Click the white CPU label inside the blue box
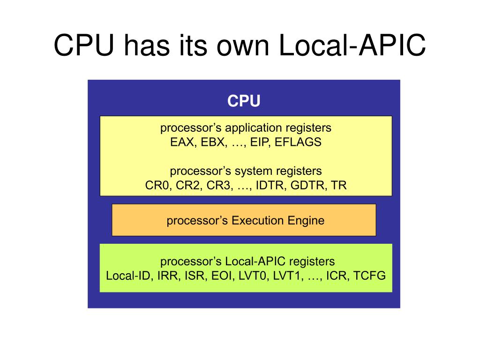tap(244, 101)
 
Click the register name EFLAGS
tap(298, 142)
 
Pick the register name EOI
tap(222, 275)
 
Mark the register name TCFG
tap(370, 275)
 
